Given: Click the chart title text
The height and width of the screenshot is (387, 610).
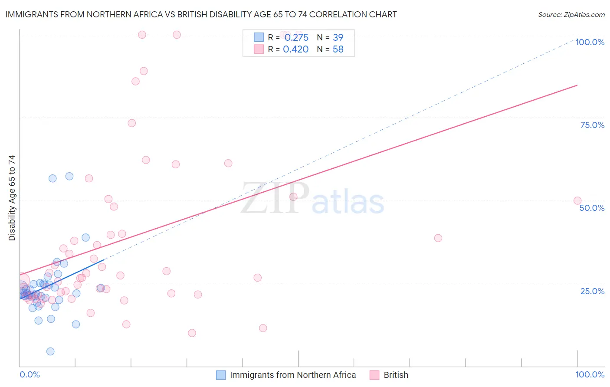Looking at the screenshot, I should (201, 15).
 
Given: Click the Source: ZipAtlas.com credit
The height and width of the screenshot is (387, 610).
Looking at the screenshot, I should (571, 15).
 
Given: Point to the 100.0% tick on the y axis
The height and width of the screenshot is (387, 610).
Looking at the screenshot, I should (590, 42).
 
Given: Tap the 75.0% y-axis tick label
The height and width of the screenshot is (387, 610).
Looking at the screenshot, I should (592, 125).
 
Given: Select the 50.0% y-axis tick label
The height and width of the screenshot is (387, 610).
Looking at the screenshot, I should (592, 208).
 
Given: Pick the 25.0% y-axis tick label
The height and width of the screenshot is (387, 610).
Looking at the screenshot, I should (592, 291).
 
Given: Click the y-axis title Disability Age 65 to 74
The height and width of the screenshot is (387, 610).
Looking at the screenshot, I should (12, 198).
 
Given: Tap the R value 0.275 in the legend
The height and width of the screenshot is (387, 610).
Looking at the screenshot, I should (296, 38).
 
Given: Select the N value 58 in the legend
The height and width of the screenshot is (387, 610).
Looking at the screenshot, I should (338, 49).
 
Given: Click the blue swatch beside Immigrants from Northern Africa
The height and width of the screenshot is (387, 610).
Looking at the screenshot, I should (221, 375).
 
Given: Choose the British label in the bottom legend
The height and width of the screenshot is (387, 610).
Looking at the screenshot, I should (396, 375).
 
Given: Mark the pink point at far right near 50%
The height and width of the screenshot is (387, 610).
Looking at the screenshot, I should (577, 200).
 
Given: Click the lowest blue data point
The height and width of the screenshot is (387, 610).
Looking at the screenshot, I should (50, 351).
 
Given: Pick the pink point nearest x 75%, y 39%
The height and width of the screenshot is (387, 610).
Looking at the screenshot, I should (438, 238).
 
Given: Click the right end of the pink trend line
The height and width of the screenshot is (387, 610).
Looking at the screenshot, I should (577, 85).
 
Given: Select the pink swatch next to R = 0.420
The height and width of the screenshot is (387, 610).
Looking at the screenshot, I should (259, 49).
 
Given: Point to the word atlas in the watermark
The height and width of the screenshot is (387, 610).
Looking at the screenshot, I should (348, 202).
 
